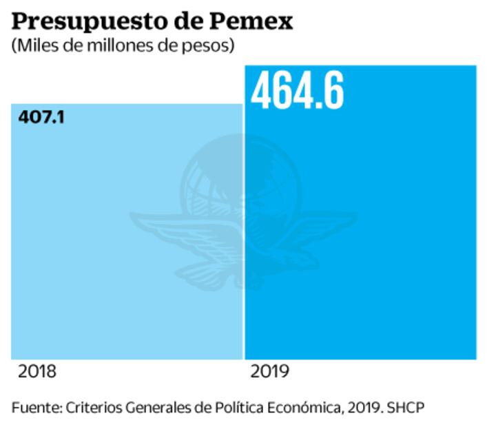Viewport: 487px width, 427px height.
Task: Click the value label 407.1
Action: (41, 117)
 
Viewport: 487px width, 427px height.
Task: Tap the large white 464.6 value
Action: (297, 91)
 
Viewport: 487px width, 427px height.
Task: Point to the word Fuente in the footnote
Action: (36, 408)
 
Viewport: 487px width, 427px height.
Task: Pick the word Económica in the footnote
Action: (300, 408)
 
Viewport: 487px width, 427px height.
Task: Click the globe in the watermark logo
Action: (242, 179)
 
